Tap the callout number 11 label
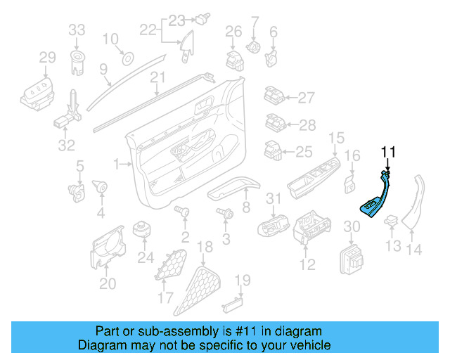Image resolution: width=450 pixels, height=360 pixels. [389, 152]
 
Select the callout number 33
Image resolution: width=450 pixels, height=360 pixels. [76, 30]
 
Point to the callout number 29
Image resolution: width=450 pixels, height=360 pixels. [47, 57]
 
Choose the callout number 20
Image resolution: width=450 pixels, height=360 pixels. [107, 283]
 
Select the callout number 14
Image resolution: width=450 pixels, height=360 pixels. [416, 247]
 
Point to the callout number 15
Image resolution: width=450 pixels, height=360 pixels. [337, 138]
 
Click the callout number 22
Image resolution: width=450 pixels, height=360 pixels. [147, 30]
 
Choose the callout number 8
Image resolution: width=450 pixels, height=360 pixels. [246, 207]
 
